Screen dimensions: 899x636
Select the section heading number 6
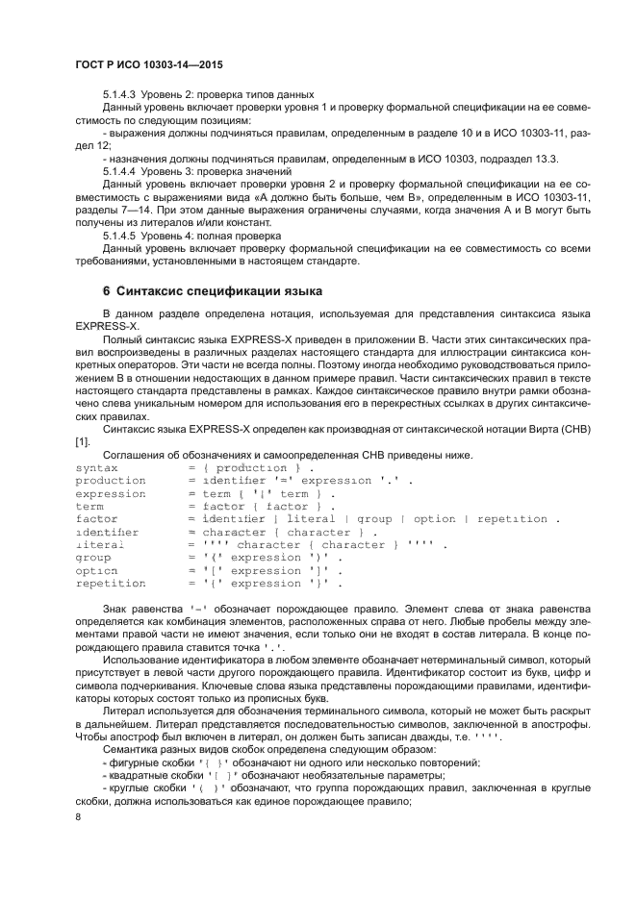pyautogui.click(x=106, y=290)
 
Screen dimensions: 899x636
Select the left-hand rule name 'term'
pyautogui.click(x=89, y=506)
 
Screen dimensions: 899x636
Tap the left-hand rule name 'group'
pyautogui.click(x=93, y=558)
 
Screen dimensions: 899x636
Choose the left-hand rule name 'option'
pyautogui.click(x=96, y=570)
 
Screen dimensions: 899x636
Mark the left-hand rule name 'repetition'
pyautogui.click(x=109, y=584)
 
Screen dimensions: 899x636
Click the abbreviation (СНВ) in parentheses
pyautogui.click(x=573, y=428)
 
